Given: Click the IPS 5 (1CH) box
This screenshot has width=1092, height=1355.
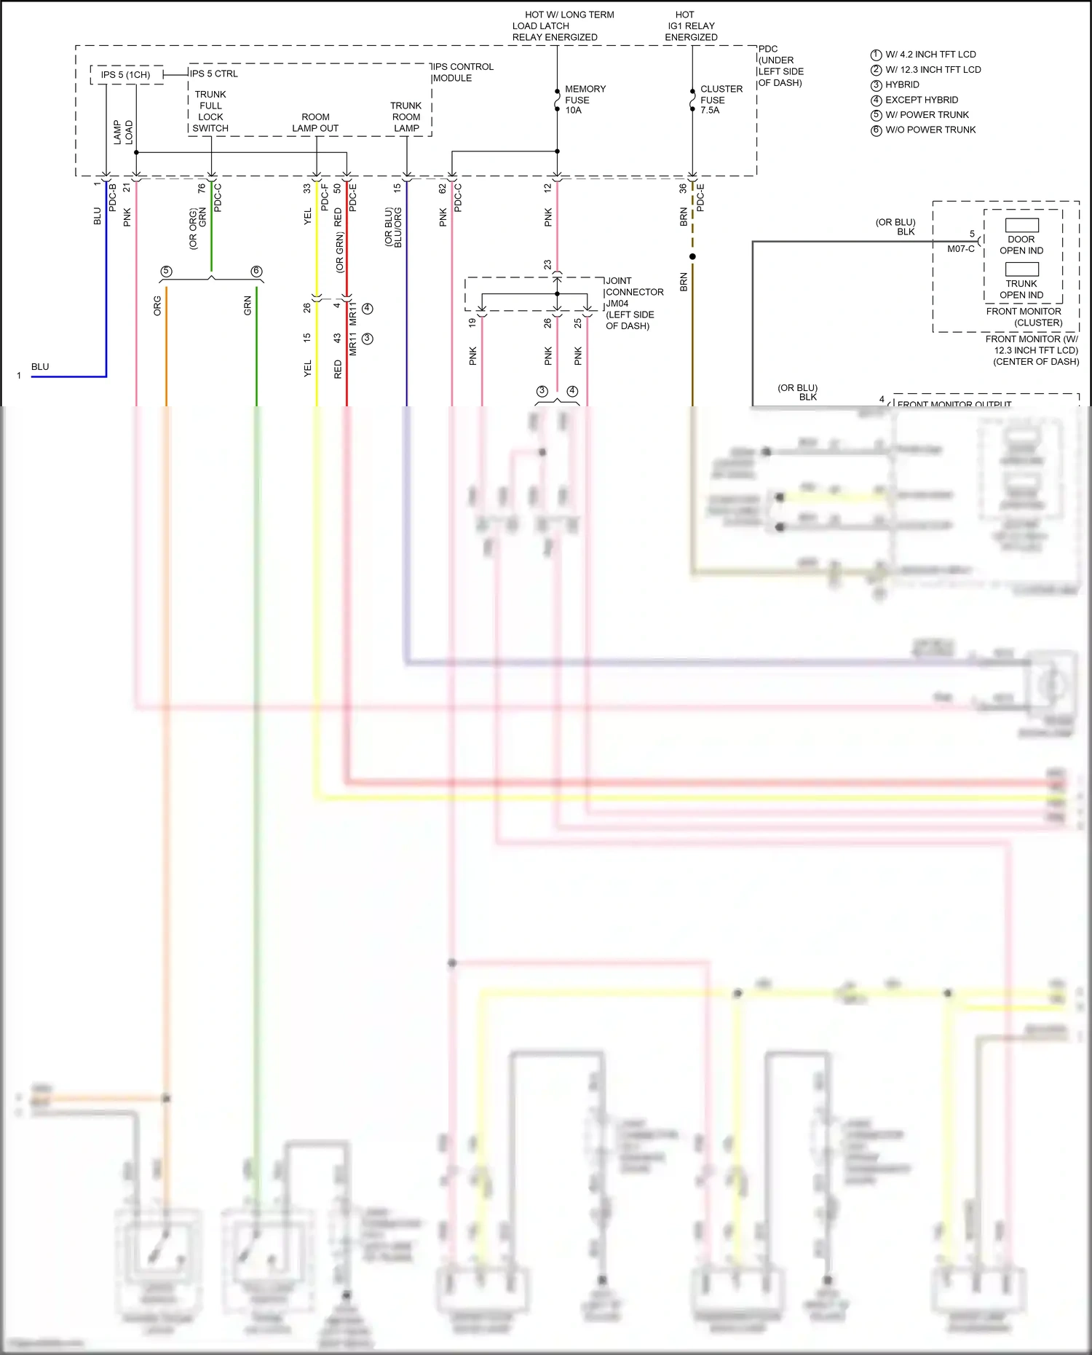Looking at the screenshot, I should (x=126, y=74).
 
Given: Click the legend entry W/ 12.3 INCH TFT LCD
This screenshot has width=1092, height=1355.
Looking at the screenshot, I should (x=932, y=70).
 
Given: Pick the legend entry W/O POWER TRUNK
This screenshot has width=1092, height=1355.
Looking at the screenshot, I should (x=930, y=130).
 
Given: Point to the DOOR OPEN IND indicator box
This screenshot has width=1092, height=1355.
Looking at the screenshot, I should (x=1021, y=226).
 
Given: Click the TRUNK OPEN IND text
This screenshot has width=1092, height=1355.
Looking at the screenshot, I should (x=1021, y=289).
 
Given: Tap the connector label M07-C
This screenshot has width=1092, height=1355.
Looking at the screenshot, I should (x=960, y=249).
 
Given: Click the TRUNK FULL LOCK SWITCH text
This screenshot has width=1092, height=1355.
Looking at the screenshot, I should (x=210, y=111).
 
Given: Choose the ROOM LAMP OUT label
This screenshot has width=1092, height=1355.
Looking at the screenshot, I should (x=315, y=122).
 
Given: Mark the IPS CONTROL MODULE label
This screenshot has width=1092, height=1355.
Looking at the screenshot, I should (x=463, y=72).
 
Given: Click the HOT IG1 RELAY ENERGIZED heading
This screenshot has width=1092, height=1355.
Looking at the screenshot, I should (x=690, y=25).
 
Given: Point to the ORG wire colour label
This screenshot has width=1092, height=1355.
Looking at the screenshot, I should (x=157, y=305).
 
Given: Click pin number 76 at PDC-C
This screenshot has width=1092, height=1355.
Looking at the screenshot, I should (x=202, y=188).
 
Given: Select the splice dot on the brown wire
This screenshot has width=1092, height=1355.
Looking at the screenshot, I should (x=692, y=256).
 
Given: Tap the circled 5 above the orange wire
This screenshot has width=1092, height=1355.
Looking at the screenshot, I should (x=166, y=272).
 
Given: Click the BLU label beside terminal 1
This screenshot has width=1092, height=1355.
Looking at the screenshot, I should (x=40, y=367).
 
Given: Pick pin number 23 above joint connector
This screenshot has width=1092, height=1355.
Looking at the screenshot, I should (x=547, y=265).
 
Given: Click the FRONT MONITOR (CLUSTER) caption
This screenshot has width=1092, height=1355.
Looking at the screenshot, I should (x=1024, y=317).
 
